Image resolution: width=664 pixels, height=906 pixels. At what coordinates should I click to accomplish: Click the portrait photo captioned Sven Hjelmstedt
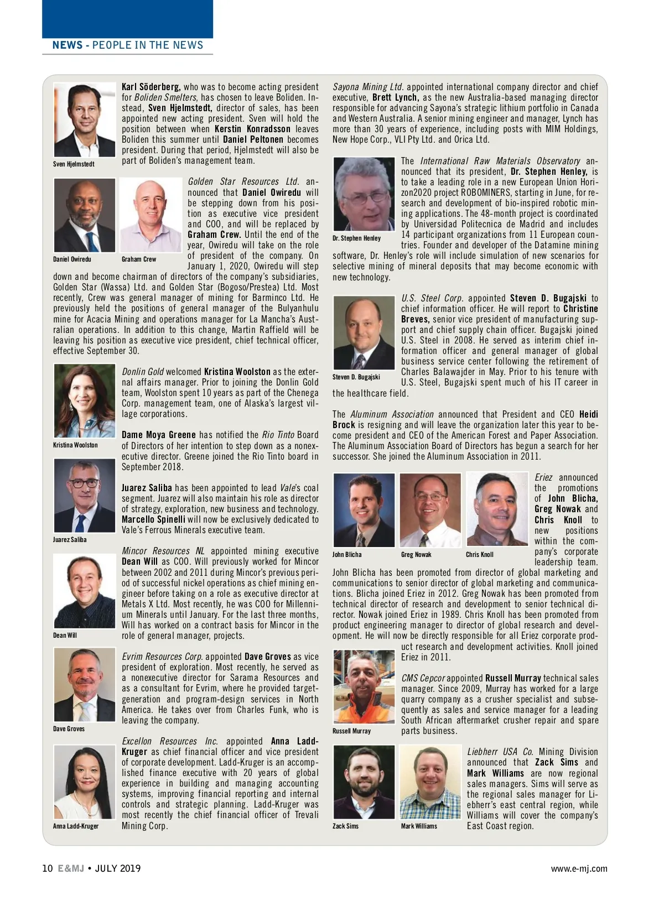coord(85,121)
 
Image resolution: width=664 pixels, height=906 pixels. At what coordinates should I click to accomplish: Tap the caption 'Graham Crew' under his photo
coord(139,259)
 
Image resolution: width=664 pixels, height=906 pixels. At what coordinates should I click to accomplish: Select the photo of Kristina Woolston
coord(85,401)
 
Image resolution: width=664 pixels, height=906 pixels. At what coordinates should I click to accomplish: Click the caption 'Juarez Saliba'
coord(70,540)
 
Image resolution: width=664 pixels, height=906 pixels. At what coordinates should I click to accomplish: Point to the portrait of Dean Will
coord(85,591)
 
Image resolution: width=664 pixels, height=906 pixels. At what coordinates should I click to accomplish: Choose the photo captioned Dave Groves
coord(85,685)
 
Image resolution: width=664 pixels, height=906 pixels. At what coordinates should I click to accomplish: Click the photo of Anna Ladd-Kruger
coord(85,782)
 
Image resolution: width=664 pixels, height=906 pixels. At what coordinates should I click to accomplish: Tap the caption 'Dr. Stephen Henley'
coord(356,238)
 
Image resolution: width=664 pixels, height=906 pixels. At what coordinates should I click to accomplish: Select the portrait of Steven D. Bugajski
coord(364,333)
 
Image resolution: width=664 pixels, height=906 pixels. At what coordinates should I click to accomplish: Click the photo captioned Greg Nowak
coord(430,510)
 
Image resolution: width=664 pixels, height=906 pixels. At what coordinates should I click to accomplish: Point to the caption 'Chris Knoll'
coord(480,555)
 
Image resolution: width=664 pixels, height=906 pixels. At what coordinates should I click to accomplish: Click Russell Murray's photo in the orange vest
coord(364,687)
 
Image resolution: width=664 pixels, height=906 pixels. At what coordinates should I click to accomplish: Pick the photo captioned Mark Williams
coord(430,782)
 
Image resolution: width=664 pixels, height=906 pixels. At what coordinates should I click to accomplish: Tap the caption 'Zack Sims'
coord(345,826)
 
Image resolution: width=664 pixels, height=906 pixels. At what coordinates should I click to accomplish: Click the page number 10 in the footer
coord(47,868)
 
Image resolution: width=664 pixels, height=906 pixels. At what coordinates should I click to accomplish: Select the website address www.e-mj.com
coord(579,869)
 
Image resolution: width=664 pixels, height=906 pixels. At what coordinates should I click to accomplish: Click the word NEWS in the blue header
coord(67,45)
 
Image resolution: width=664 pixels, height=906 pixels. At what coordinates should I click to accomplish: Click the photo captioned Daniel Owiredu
coord(85,215)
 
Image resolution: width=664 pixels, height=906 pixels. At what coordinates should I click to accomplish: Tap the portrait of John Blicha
coord(364,510)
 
